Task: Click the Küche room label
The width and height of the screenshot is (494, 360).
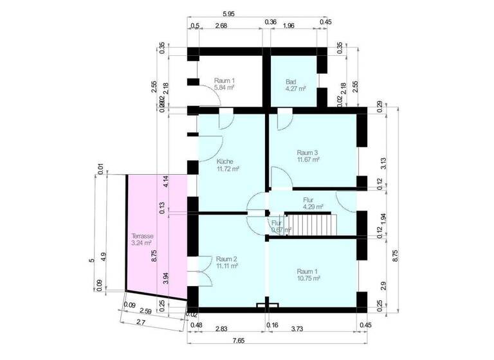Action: tap(225, 161)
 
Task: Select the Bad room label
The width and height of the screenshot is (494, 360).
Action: tap(291, 82)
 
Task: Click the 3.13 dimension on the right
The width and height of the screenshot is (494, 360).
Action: tap(383, 163)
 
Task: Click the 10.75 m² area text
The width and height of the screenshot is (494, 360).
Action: tap(307, 278)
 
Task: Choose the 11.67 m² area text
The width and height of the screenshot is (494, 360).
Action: tap(308, 159)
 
